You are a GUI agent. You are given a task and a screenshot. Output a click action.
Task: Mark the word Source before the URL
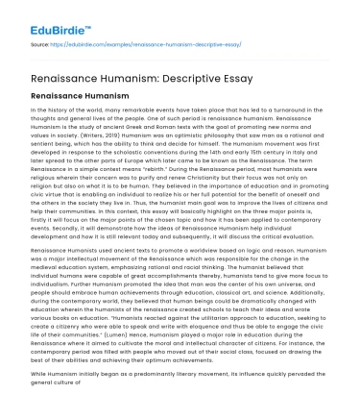pyautogui.click(x=38, y=43)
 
